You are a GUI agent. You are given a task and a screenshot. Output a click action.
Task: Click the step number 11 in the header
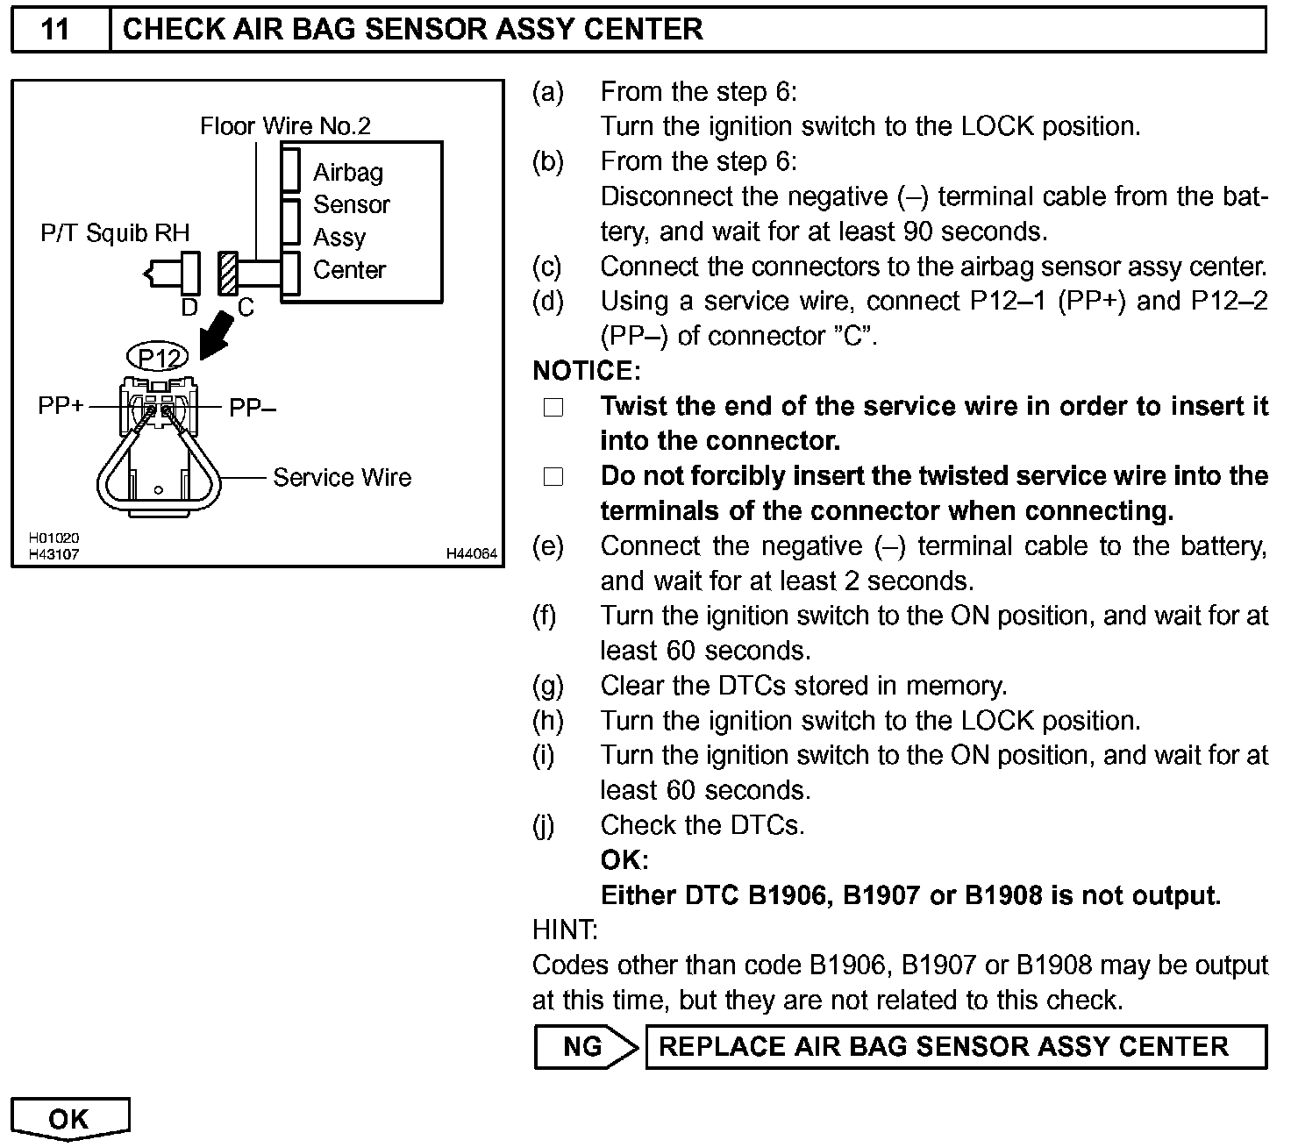coord(55,29)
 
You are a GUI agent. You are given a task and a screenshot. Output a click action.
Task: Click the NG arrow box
coord(583,1046)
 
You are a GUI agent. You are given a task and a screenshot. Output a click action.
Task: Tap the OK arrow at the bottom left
coord(69,1119)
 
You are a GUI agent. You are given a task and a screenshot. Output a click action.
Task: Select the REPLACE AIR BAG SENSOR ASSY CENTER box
coord(955,1046)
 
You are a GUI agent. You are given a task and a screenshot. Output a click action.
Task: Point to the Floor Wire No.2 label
coord(285,126)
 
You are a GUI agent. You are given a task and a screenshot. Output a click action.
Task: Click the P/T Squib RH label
coord(115,232)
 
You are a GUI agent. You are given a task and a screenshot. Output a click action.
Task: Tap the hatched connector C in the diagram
coord(228,273)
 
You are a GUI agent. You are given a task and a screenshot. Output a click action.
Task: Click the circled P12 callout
coord(158,357)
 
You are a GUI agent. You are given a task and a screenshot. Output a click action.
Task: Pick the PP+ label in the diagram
coord(61,406)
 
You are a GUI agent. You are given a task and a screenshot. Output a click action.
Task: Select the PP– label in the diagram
coord(253,407)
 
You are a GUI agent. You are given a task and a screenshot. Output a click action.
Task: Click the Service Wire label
coord(342,477)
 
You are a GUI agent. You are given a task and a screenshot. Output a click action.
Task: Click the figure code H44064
coord(471,553)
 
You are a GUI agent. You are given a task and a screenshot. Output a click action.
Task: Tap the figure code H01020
coord(53,538)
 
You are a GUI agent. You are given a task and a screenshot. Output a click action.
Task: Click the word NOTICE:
coord(587,371)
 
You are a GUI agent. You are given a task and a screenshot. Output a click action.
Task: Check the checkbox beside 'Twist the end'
coord(553,407)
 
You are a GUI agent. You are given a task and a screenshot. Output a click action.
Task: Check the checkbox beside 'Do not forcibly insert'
coord(553,477)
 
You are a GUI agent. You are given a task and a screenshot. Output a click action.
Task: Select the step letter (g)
coord(547,686)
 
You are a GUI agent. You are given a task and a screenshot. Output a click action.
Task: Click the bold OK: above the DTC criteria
coord(624,859)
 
